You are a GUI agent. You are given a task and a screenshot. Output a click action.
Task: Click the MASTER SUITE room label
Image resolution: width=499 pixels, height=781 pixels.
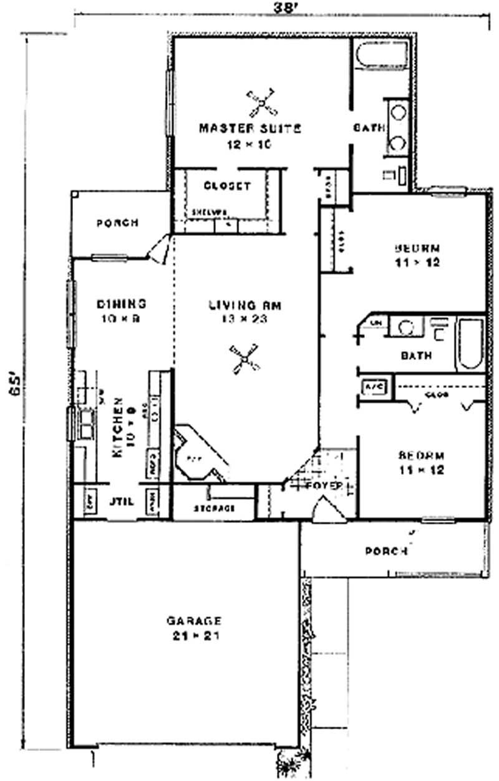(x=249, y=129)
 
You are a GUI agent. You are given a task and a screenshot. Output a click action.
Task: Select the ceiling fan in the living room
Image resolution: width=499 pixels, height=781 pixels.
(x=246, y=360)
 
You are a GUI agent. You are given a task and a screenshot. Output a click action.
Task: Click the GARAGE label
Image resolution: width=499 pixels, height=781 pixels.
(x=194, y=621)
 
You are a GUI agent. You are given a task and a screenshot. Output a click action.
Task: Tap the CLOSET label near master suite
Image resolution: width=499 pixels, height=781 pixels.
(x=227, y=186)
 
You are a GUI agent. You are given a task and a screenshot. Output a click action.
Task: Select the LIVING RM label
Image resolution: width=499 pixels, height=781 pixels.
(x=246, y=306)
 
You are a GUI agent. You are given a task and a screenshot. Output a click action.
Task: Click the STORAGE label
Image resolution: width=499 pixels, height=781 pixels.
(x=214, y=508)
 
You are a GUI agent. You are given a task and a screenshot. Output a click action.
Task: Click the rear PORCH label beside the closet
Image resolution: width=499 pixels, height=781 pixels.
(x=118, y=223)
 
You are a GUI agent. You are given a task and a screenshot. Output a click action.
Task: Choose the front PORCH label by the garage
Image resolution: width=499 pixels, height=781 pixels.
(x=386, y=551)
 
